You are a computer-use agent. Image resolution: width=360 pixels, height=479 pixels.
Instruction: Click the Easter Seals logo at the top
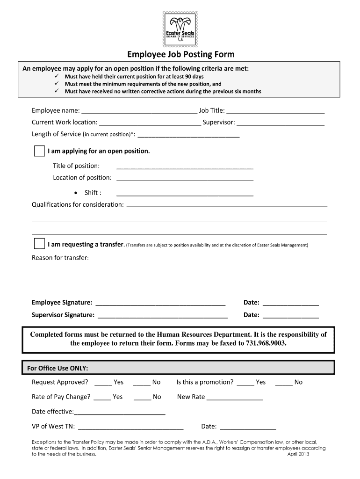(x=180, y=29)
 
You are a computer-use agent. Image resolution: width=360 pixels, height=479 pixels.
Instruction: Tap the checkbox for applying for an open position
(x=40, y=151)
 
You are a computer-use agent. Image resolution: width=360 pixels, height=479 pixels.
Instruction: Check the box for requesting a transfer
(x=40, y=244)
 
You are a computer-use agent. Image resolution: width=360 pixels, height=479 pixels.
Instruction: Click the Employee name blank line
(x=139, y=111)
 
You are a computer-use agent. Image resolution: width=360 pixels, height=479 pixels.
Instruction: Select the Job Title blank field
(x=275, y=111)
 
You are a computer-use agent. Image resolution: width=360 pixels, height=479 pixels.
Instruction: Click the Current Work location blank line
(x=150, y=123)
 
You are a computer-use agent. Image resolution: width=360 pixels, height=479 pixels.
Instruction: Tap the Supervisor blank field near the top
(x=281, y=123)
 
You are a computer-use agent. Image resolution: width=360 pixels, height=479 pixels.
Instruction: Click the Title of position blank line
(x=185, y=166)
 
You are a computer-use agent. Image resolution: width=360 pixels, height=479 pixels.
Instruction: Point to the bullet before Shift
(x=76, y=193)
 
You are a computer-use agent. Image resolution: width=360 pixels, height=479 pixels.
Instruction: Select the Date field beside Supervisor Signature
(x=290, y=315)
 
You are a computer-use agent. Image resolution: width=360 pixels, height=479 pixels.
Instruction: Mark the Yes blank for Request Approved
(x=103, y=383)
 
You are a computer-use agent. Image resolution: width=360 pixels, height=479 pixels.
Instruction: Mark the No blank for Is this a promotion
(x=284, y=383)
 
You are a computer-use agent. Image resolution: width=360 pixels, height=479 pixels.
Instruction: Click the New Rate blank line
(x=234, y=398)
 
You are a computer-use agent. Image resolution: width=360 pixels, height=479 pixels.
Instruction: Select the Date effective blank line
(x=120, y=412)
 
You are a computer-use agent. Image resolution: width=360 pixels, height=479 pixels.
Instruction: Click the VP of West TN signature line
(x=131, y=427)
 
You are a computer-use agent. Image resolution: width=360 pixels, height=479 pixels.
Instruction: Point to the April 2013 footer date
(x=298, y=454)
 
